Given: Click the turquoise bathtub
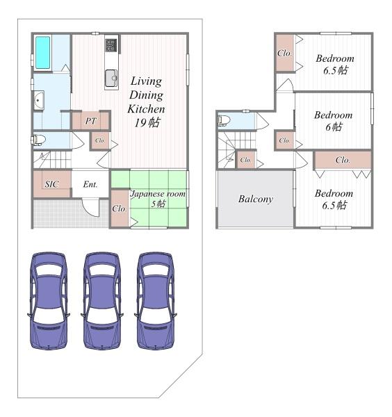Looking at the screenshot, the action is point(43,52).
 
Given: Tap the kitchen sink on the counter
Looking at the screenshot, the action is point(111,78).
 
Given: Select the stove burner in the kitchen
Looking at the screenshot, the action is point(111,45).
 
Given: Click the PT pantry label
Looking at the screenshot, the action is point(90,121).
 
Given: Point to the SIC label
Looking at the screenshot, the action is point(51,184).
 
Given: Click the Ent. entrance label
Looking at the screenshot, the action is point(90,184).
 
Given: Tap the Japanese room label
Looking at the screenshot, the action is point(158,194).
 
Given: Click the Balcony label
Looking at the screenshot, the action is point(256,199).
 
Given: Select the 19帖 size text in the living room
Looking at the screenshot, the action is point(147,123).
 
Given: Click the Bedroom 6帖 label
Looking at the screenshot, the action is point(334,121).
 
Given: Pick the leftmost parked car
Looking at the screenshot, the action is point(49,300).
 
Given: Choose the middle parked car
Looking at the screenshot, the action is point(102,300).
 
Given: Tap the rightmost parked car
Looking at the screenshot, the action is point(156,300).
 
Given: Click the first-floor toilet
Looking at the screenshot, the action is point(38,140).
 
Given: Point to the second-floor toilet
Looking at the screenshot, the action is point(224,120).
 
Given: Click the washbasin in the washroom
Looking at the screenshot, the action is point(39,100).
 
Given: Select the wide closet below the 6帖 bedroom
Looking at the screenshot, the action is point(343,160).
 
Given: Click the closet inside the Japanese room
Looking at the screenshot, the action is point(120,208).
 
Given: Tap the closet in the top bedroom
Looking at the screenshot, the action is point(285,53).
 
